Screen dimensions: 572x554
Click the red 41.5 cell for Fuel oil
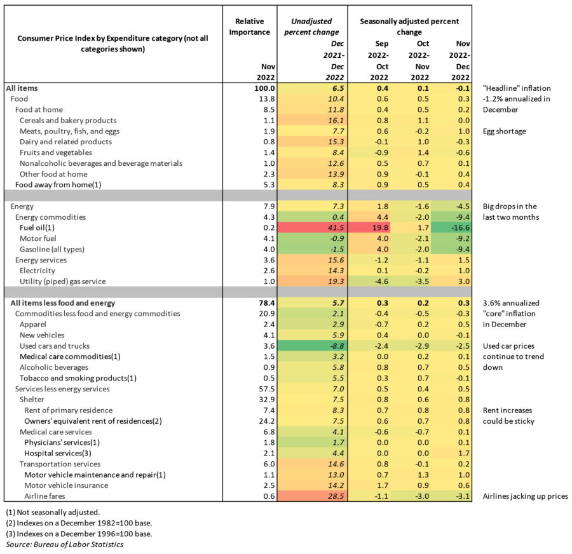point(312,227)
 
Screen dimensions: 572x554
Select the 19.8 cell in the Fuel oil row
point(369,227)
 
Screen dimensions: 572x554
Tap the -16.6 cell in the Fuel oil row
point(451,227)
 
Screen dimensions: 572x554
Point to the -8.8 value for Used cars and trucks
point(335,346)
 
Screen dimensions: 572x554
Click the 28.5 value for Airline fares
point(336,496)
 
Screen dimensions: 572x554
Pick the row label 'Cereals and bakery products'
point(68,120)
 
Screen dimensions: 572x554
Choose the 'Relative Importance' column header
point(250,27)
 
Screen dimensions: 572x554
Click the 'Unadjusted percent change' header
point(311,27)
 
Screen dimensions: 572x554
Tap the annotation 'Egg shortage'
point(505,132)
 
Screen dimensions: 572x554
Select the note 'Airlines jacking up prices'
point(526,496)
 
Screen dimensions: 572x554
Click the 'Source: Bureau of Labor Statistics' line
point(65,544)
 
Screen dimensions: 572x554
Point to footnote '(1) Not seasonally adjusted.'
point(53,512)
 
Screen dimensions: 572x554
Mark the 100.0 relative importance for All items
point(264,88)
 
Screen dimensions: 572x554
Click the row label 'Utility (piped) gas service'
point(63,281)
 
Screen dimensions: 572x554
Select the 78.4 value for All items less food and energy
point(267,303)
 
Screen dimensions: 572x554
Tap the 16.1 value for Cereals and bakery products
point(336,120)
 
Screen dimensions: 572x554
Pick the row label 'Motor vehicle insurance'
point(66,485)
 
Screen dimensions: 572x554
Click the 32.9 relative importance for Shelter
point(267,400)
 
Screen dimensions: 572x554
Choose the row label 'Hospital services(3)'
point(58,454)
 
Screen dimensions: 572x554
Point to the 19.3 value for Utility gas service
point(336,281)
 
